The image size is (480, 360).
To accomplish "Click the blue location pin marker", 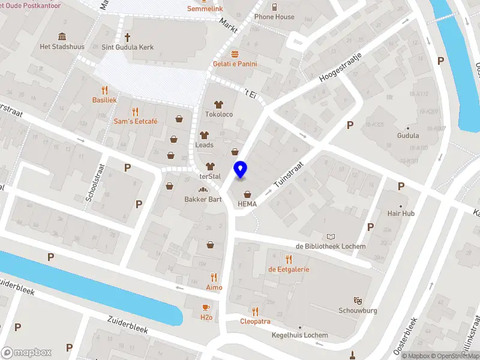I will pyautogui.click(x=240, y=170).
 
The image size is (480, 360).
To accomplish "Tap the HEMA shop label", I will pyautogui.click(x=247, y=203).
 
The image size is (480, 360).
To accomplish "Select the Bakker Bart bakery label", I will pyautogui.click(x=199, y=199).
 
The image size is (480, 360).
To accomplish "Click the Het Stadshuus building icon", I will pyautogui.click(x=62, y=36).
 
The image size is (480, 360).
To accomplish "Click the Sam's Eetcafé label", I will pyautogui.click(x=136, y=121).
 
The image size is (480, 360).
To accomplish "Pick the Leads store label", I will pyautogui.click(x=204, y=145).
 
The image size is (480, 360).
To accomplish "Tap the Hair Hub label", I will pyautogui.click(x=401, y=213).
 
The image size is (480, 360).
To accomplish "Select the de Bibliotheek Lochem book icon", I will pyautogui.click(x=331, y=237).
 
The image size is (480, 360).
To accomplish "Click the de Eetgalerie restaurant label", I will pyautogui.click(x=289, y=269).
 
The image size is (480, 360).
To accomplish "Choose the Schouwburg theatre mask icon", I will pyautogui.click(x=358, y=300).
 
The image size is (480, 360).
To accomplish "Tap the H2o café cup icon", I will pyautogui.click(x=206, y=308).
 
